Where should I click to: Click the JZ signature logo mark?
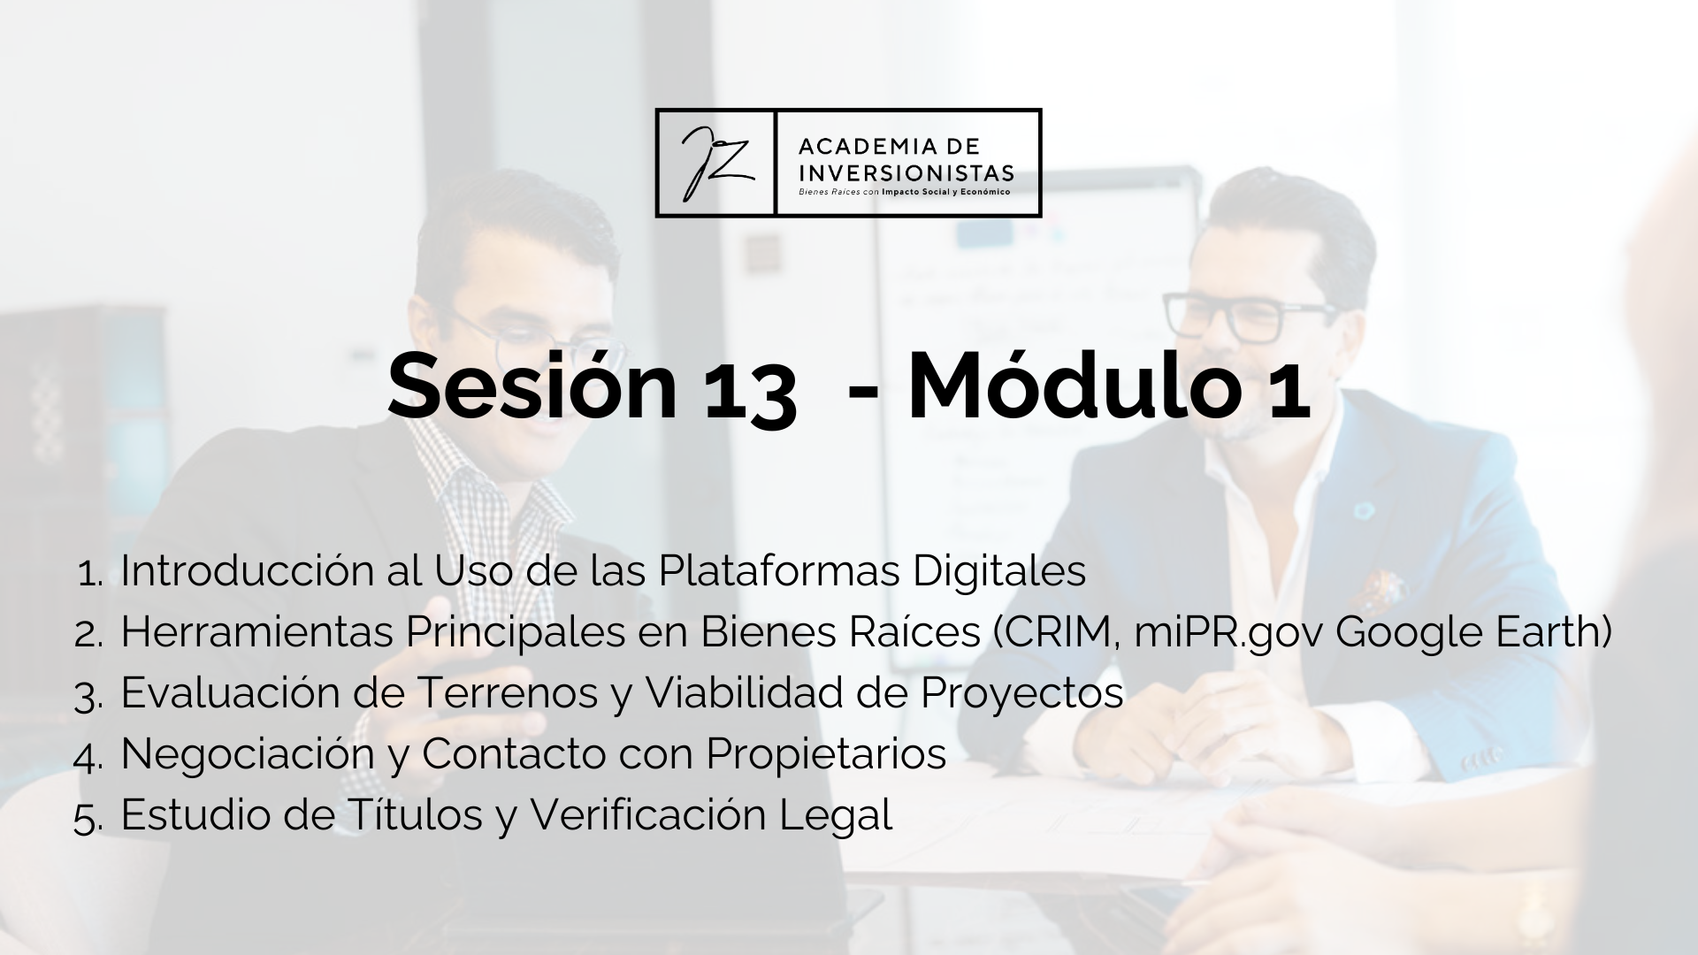point(715,163)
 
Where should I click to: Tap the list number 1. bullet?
point(91,574)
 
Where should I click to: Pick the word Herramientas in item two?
point(257,632)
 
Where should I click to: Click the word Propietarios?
point(826,755)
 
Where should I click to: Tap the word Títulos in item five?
point(413,814)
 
